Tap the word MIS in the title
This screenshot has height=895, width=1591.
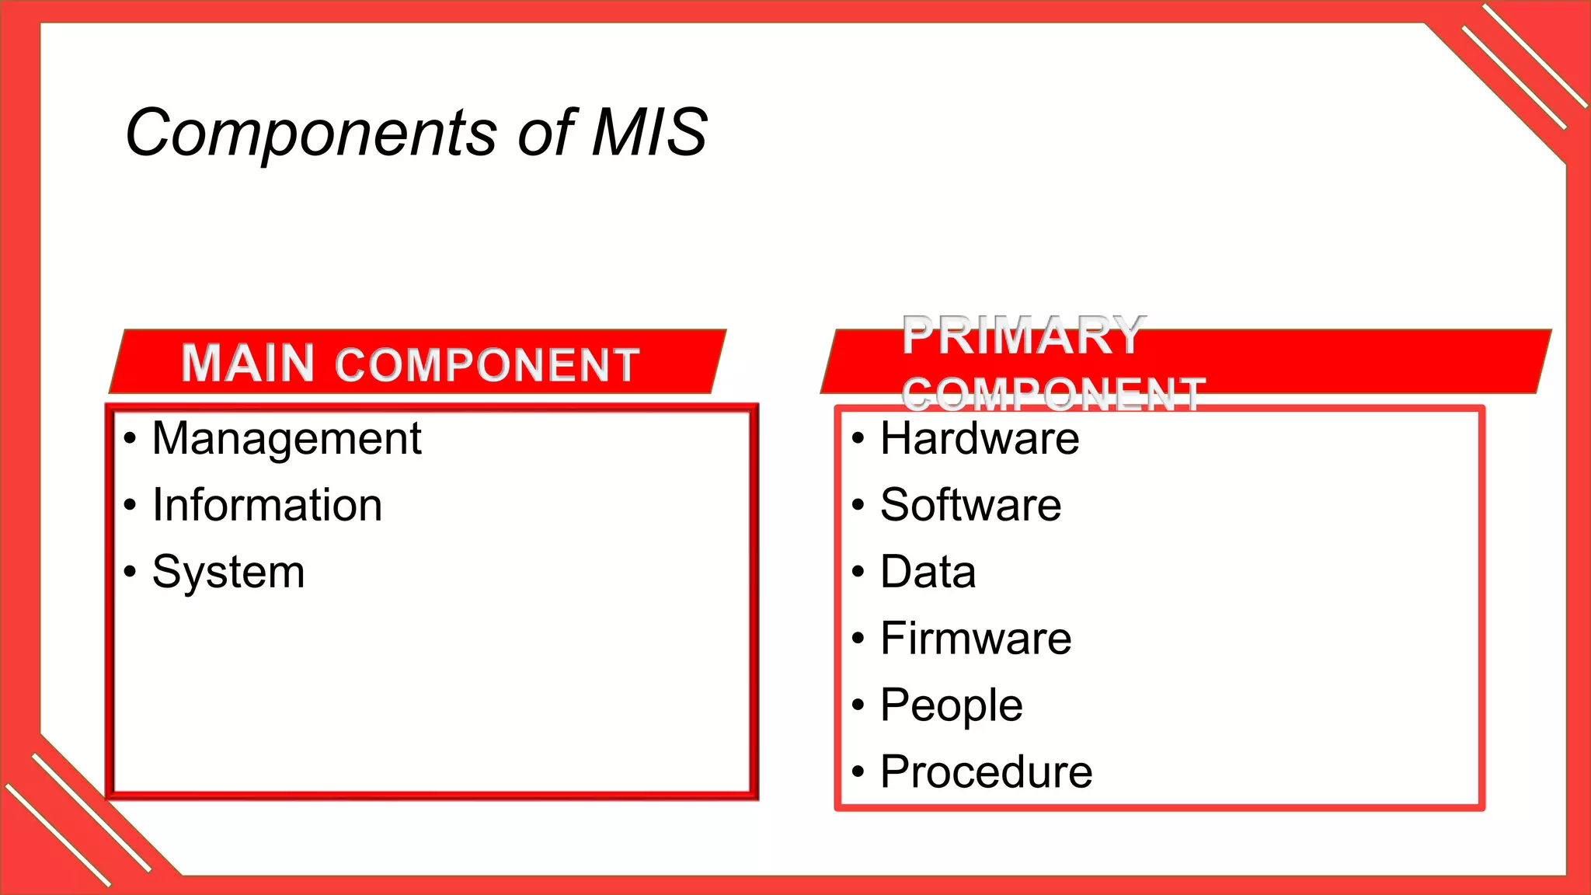(x=649, y=132)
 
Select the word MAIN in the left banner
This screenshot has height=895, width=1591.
(x=248, y=363)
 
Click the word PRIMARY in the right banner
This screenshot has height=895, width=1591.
(x=1024, y=336)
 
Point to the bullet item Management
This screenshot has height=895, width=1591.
(x=286, y=439)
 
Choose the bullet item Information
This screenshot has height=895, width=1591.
(x=266, y=505)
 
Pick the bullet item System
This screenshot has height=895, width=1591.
(x=228, y=573)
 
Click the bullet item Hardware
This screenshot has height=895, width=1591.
(x=979, y=438)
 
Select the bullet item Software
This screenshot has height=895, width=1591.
(x=970, y=505)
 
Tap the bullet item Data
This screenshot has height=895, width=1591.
(x=928, y=572)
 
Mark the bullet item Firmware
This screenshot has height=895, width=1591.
(x=976, y=639)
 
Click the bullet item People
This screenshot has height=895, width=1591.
(x=951, y=705)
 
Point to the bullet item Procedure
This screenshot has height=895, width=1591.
(x=986, y=772)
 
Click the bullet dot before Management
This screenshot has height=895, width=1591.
(x=130, y=439)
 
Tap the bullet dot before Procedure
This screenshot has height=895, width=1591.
(x=858, y=772)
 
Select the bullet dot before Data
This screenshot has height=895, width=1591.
(x=858, y=573)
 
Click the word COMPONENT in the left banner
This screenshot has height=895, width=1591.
(x=487, y=365)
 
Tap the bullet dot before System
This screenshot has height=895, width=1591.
(x=130, y=573)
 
